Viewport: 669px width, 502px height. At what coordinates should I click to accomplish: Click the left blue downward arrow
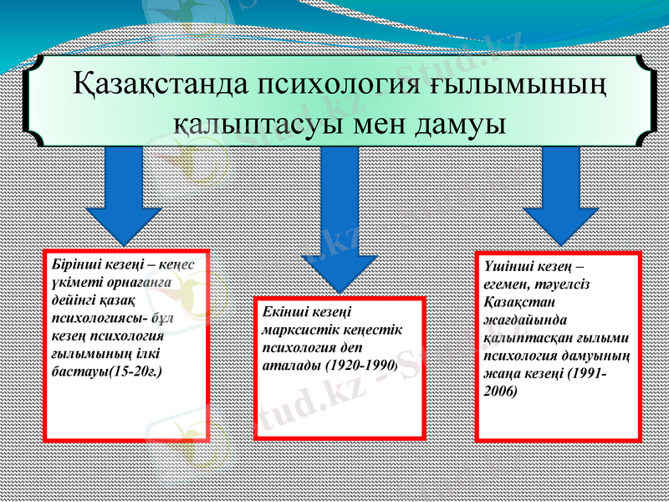pyautogui.click(x=125, y=201)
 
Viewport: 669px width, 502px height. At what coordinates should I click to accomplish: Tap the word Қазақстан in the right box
pyautogui.click(x=514, y=302)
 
